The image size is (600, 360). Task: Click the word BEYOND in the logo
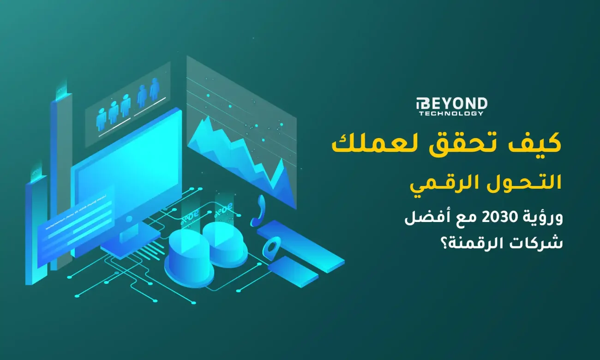pyautogui.click(x=453, y=104)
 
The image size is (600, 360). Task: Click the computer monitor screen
pyautogui.click(x=127, y=166)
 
